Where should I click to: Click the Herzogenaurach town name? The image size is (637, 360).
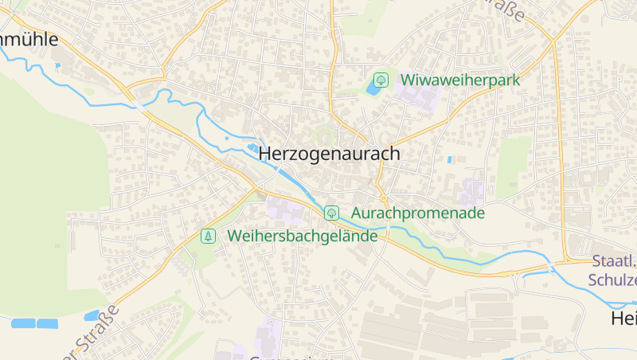coord(329,154)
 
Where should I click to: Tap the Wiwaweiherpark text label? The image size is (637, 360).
coord(460,80)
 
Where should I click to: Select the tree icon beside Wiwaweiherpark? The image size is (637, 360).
coord(381,80)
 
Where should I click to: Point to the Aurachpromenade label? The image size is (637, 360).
coord(417,213)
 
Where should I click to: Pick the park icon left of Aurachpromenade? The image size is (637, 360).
coord(331,213)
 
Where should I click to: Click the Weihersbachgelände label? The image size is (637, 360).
coord(303,236)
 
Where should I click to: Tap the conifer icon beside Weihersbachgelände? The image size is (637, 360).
coord(208,236)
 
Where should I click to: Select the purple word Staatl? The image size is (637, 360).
coord(614,261)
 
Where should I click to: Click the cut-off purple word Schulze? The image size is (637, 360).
coord(613,280)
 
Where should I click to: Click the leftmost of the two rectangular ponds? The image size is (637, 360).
coord(23,323)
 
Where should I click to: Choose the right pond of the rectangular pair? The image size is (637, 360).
coord(48,323)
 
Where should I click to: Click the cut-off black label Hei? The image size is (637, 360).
coord(623,319)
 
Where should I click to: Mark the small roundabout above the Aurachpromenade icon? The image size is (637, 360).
coord(383,197)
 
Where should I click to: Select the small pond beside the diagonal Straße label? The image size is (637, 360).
coord(92,315)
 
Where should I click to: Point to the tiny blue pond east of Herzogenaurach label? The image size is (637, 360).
coord(450,159)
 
